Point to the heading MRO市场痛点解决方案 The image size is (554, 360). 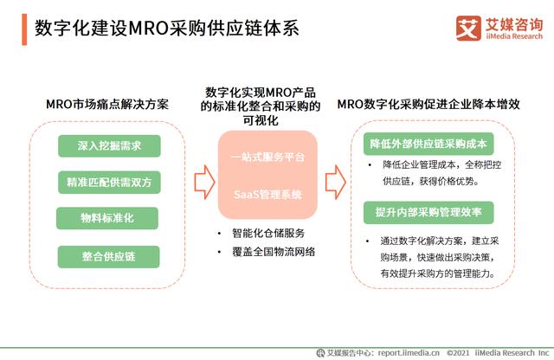(x=106, y=105)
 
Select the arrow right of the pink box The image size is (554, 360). (x=336, y=181)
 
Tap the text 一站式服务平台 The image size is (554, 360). (x=267, y=157)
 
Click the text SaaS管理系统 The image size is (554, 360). (x=267, y=196)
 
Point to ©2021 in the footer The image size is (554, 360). (x=460, y=352)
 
